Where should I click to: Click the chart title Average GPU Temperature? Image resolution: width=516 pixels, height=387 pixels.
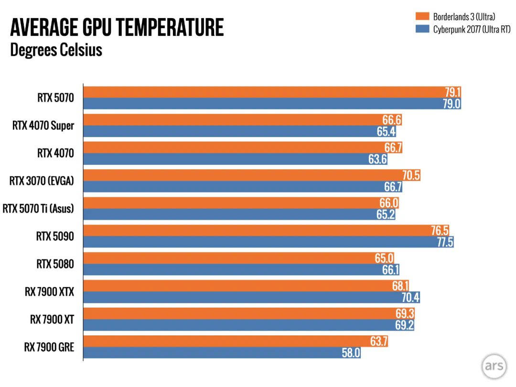tap(117, 28)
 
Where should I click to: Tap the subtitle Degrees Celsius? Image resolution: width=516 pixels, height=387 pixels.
tap(56, 50)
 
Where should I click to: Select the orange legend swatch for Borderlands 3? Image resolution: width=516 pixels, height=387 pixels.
tap(422, 17)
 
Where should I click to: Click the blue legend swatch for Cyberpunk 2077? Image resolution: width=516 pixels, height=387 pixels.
tap(422, 29)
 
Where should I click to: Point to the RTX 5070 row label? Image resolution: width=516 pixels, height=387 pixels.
tap(56, 98)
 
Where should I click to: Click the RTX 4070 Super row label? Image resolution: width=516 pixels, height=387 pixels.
tap(43, 126)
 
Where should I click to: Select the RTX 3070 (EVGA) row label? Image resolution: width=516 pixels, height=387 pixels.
tap(42, 181)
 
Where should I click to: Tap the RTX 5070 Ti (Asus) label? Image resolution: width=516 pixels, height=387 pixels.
tap(39, 208)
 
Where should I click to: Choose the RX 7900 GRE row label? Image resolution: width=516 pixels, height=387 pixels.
tap(49, 346)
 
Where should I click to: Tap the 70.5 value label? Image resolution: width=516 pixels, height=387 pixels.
tap(410, 175)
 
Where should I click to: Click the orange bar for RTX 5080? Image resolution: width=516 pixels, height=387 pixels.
tap(229, 258)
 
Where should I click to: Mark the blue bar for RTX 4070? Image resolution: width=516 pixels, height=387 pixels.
tap(225, 159)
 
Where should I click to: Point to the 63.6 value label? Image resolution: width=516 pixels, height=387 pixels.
tap(377, 159)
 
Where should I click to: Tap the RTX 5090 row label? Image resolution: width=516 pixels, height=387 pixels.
tap(55, 236)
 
